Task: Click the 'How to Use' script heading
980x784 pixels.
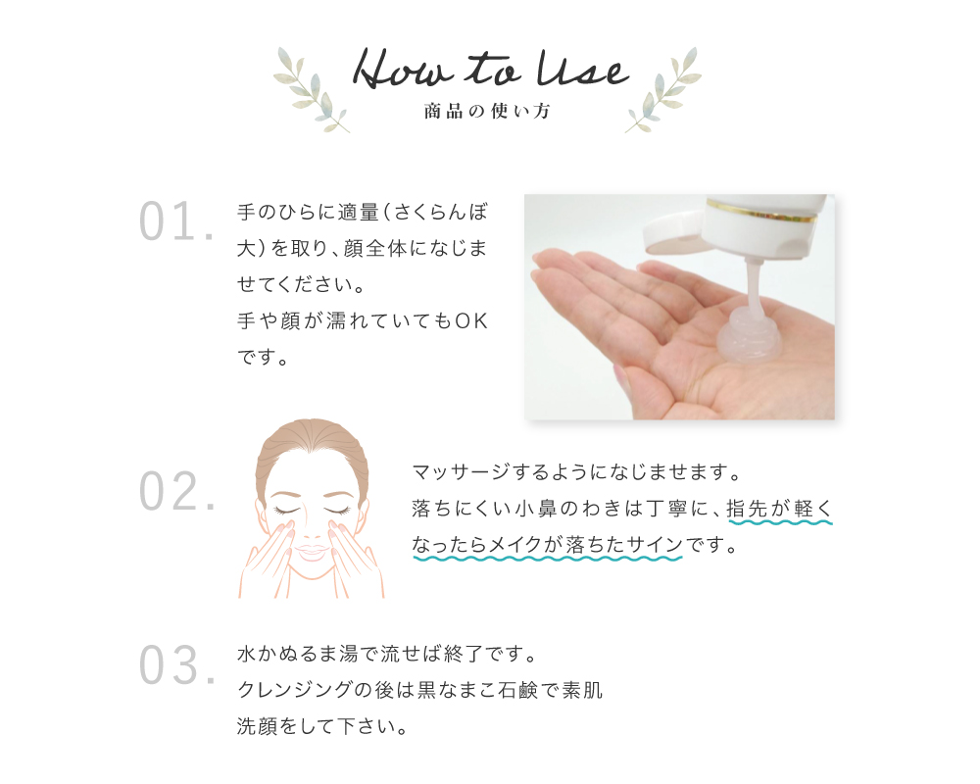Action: pyautogui.click(x=490, y=71)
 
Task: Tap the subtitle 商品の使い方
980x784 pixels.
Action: pyautogui.click(x=487, y=112)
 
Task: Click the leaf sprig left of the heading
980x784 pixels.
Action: pyautogui.click(x=312, y=89)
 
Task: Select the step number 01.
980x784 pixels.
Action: pyautogui.click(x=175, y=222)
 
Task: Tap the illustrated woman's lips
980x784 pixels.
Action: pyautogui.click(x=312, y=554)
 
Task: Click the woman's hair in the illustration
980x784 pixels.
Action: pyautogui.click(x=312, y=446)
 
